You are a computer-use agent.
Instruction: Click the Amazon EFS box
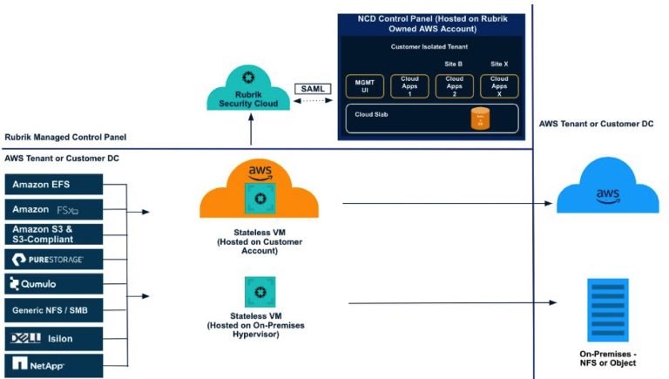[x=54, y=184]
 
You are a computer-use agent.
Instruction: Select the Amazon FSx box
[x=54, y=209]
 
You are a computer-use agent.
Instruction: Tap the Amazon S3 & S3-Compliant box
[x=54, y=233]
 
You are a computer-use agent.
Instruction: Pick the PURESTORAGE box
[x=54, y=259]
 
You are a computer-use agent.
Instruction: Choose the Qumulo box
[x=54, y=284]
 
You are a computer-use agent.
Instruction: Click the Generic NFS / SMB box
[x=54, y=309]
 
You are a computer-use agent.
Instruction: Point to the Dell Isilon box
[x=54, y=336]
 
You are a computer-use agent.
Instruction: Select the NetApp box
[x=54, y=362]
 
